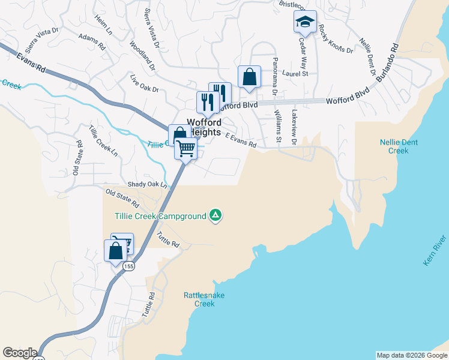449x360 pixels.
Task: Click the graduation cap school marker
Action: click(x=305, y=23)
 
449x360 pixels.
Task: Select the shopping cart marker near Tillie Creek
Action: click(x=186, y=148)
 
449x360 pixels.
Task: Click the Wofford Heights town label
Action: click(x=204, y=127)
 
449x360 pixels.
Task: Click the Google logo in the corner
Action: click(x=20, y=353)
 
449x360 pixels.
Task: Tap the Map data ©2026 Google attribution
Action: click(x=412, y=355)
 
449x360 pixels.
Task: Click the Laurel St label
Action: click(x=295, y=74)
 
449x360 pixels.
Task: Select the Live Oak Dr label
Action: click(x=144, y=84)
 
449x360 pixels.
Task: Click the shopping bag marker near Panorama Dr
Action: click(x=249, y=78)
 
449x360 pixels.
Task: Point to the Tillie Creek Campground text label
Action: click(x=160, y=215)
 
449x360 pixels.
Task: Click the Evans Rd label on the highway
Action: click(x=31, y=61)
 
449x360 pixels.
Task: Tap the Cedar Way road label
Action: click(x=303, y=49)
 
